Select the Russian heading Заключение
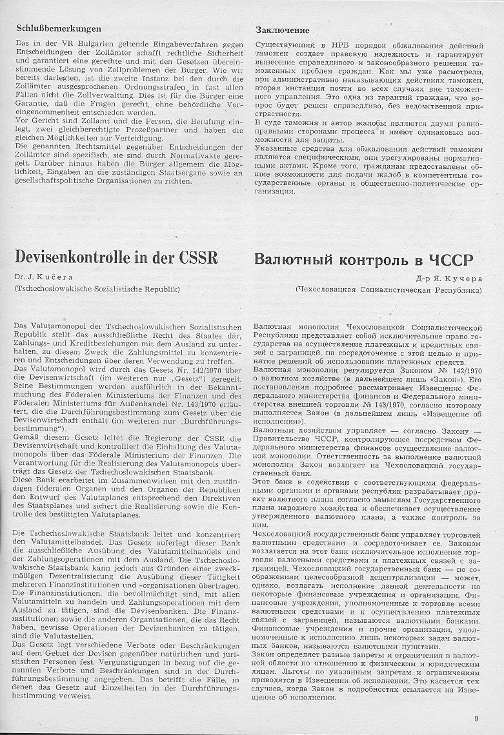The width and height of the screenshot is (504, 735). (282, 30)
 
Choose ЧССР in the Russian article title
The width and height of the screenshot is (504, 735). (449, 261)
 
